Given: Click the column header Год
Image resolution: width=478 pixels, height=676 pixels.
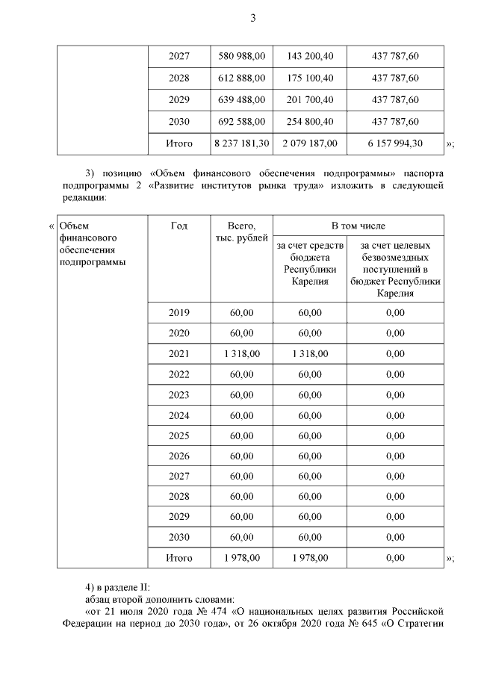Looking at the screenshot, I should [179, 226].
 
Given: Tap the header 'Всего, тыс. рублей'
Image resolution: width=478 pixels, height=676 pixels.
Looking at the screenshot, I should [241, 232].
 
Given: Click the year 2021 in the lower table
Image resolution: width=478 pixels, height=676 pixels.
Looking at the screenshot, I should [179, 354].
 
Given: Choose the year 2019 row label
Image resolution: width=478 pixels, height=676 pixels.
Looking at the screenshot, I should [179, 313].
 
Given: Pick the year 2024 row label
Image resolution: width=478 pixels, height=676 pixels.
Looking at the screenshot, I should [179, 415].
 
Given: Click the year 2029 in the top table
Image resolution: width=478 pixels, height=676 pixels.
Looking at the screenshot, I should [179, 100].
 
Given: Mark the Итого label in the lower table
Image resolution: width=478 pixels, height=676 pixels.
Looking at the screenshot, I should [179, 558].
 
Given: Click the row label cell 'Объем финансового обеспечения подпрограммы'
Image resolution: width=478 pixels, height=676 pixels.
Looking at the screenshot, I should [91, 244].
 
